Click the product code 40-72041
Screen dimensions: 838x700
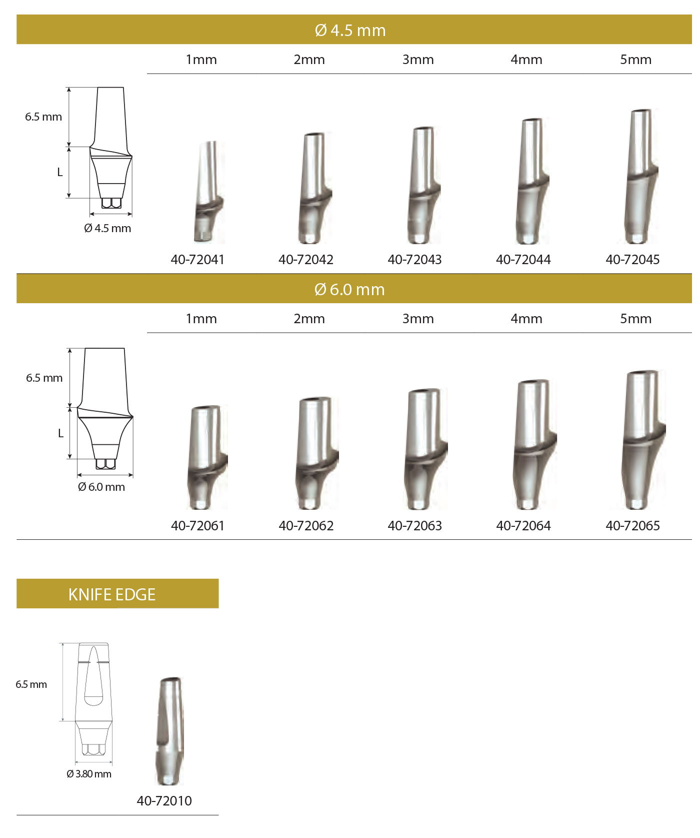(x=197, y=260)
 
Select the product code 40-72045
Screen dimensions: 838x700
(x=632, y=260)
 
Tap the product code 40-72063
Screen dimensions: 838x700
(x=414, y=526)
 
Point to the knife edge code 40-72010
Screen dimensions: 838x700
(x=164, y=801)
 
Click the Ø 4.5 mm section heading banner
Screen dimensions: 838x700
(x=350, y=30)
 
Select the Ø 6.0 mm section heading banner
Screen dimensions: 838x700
(x=350, y=289)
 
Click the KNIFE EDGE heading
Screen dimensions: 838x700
(x=112, y=594)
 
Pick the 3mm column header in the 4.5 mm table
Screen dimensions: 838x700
(x=418, y=60)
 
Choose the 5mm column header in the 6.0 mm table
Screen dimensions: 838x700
(x=635, y=319)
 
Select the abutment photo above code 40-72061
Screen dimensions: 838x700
(x=206, y=458)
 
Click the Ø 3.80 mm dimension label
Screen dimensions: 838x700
(x=89, y=774)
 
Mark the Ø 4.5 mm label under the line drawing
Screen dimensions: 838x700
(x=107, y=229)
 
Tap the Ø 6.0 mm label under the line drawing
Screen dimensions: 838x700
(x=101, y=487)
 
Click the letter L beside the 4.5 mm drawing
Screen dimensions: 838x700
(x=60, y=173)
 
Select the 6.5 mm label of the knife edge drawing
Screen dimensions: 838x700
(x=31, y=684)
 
